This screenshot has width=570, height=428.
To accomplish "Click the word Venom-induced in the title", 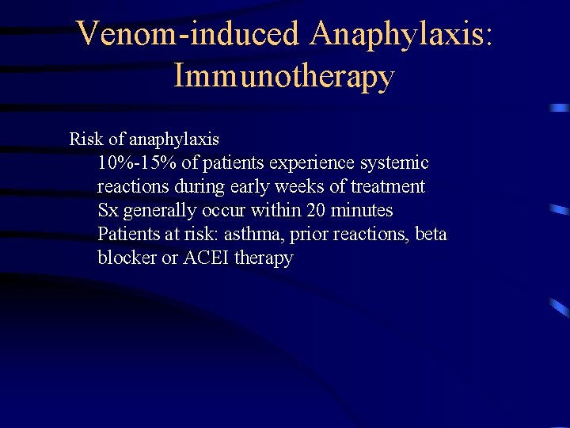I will (189, 34).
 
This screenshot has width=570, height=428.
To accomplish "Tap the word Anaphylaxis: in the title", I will (401, 34).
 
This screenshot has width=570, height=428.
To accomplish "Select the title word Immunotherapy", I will (283, 77).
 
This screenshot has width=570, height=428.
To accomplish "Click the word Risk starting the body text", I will (86, 139).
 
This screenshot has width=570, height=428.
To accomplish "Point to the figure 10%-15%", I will (133, 163).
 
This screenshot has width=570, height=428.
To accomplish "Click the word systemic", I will (393, 163).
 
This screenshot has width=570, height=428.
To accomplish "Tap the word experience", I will (312, 163).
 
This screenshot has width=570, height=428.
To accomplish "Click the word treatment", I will (388, 187).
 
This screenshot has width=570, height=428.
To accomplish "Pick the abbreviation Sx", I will (108, 211).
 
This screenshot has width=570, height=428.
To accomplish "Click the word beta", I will (431, 235).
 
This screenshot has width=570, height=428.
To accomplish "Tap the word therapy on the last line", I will (264, 258).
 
